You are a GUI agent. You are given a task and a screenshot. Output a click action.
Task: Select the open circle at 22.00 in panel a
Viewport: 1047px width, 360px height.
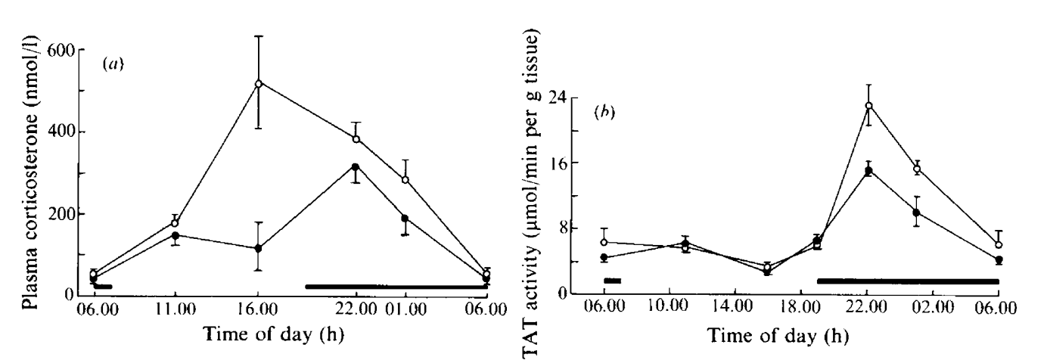tap(356, 138)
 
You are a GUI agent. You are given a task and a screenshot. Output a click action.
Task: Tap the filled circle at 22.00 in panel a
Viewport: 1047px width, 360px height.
tap(356, 166)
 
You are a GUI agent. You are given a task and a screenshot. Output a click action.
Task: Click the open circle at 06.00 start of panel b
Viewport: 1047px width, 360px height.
tap(604, 242)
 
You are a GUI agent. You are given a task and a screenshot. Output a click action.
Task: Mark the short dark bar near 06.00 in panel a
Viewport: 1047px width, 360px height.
tap(101, 287)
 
